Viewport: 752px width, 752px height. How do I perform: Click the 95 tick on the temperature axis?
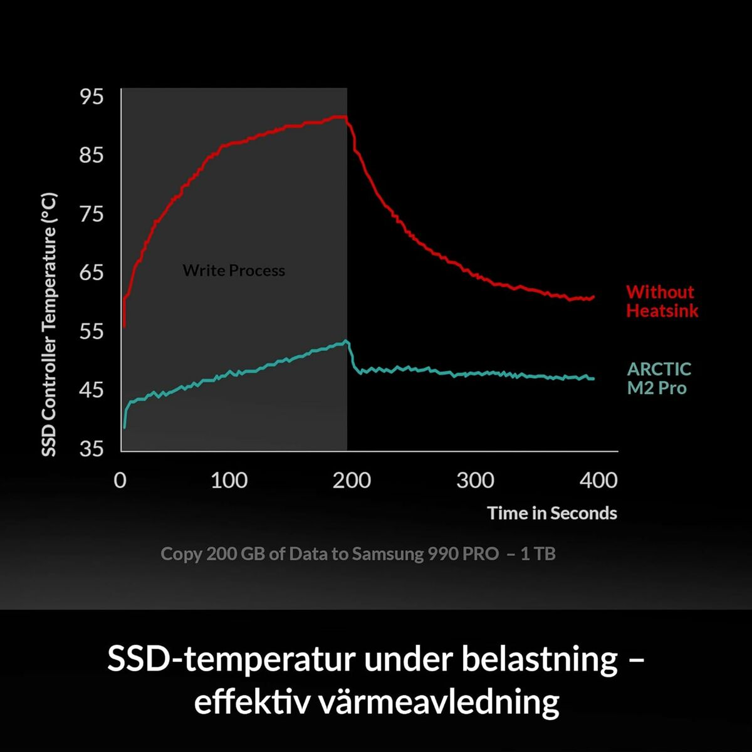click(91, 97)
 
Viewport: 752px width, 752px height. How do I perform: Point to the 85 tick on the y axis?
click(91, 155)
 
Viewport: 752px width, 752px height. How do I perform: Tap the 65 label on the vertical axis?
click(91, 273)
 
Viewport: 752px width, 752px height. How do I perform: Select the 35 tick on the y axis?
click(91, 449)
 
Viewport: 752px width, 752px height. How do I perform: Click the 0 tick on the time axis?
click(120, 481)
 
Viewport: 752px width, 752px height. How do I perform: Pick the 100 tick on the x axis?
click(229, 481)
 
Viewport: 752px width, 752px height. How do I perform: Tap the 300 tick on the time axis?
click(475, 481)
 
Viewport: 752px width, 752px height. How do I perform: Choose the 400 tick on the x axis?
click(598, 481)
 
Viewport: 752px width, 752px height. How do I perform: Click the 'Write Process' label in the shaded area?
click(234, 271)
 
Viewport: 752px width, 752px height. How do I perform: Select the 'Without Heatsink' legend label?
click(661, 301)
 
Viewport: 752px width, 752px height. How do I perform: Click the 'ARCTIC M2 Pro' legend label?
click(659, 379)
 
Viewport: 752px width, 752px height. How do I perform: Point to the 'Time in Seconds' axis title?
click(552, 513)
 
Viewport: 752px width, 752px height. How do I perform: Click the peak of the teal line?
click(345, 342)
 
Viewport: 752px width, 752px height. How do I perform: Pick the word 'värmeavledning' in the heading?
click(439, 702)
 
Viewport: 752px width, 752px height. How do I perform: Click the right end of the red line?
click(593, 297)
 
